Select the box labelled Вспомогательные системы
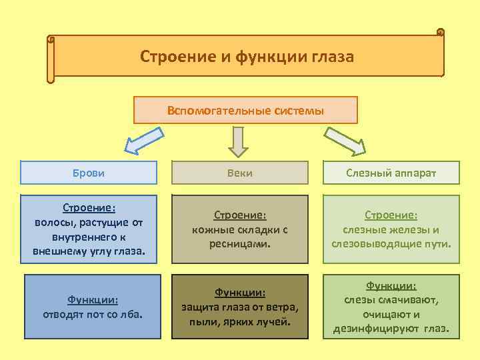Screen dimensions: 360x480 [x=245, y=111]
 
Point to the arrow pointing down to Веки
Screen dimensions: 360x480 [x=238, y=141]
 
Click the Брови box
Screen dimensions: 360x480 [x=89, y=173]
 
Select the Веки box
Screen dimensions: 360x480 [x=240, y=173]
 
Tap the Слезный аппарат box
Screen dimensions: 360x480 [x=391, y=173]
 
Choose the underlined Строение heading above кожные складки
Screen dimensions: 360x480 [x=240, y=215]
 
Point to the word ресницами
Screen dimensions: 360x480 [x=240, y=244]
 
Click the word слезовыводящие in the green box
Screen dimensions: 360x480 [x=371, y=243]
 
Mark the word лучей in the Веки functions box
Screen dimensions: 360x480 [x=275, y=321]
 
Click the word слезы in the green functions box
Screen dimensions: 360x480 [x=359, y=300]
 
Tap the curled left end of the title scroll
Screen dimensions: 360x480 [x=51, y=60]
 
